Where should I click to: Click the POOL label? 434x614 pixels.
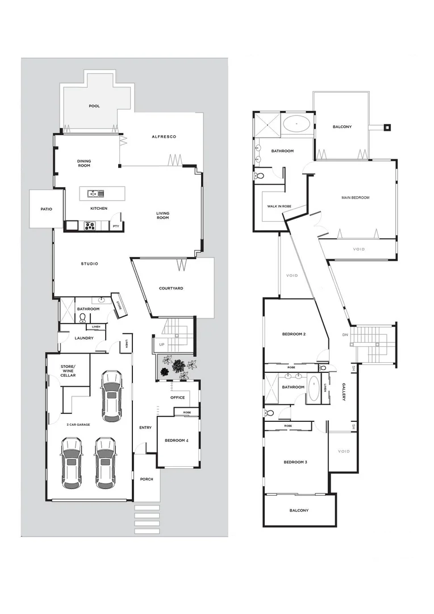point(94,106)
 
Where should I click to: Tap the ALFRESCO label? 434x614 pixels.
point(164,137)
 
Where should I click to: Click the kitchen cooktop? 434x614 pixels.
point(90,225)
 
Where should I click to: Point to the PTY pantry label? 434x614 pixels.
point(116,226)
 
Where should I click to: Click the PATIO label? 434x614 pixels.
point(47,209)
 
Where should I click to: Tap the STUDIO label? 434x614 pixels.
point(89,264)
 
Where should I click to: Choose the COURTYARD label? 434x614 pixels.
point(171,288)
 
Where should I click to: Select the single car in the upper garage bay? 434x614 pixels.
point(111,396)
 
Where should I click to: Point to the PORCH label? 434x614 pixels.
point(147,479)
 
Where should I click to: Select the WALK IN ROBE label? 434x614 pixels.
point(277,206)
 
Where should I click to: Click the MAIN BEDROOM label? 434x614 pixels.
point(355,198)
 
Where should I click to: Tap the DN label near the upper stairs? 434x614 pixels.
point(345,335)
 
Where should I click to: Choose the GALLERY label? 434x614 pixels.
point(344,392)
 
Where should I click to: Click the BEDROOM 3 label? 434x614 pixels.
point(295,462)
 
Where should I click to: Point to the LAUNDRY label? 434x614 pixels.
point(84,338)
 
